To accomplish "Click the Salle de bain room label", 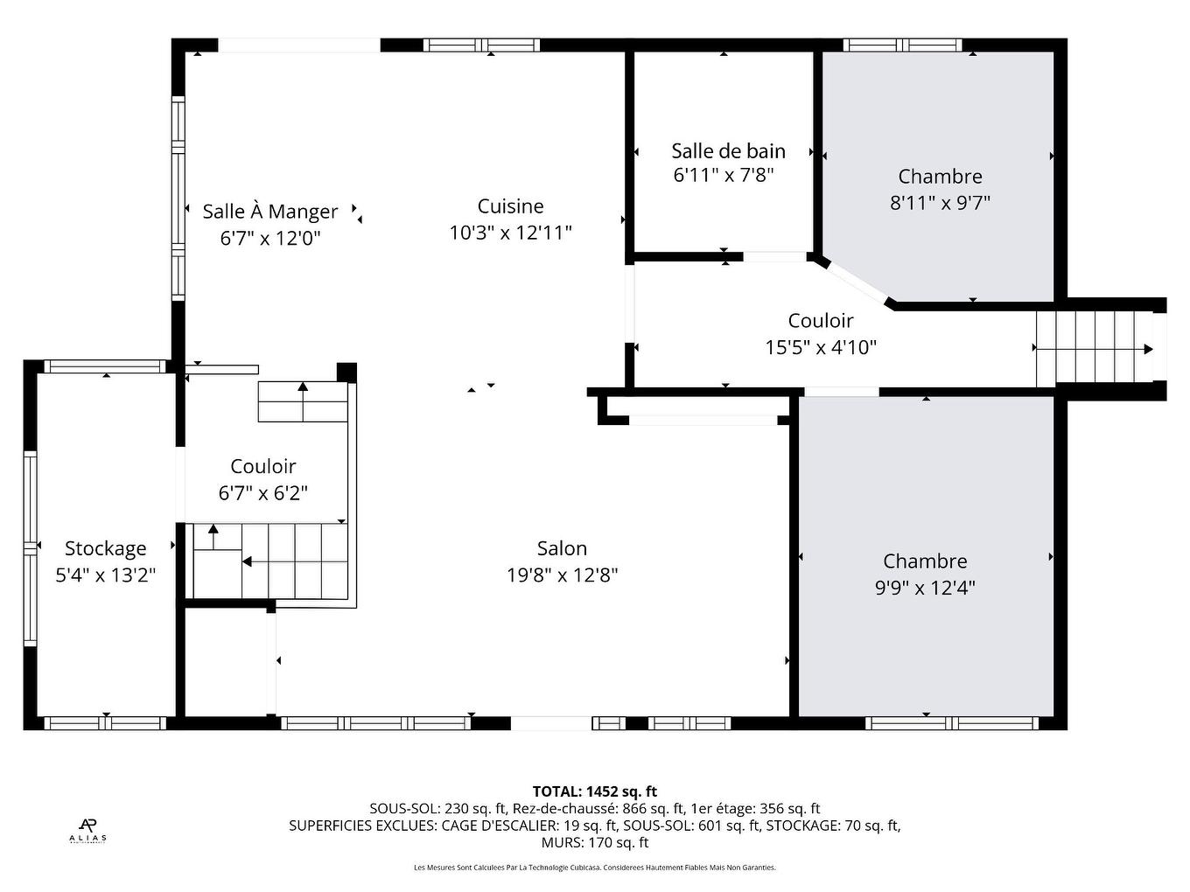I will point(728,150).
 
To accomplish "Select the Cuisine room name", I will point(510,206).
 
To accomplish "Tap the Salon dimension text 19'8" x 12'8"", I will point(562,575).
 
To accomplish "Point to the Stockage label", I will point(105,548).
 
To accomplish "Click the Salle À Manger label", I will point(269,212).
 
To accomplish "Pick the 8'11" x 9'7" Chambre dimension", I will point(940,203).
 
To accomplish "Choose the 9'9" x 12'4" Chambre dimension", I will point(925,588).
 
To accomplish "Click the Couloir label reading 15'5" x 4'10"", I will point(820,321).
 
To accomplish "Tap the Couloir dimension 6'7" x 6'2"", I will point(262,493).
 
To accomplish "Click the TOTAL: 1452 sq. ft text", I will point(594,791).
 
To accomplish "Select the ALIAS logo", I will point(87,829).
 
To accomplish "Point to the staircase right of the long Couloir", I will point(1094,348).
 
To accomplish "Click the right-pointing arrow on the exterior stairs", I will point(1147,349).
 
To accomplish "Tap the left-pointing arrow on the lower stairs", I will point(248,561).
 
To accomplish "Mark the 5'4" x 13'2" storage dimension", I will point(105,575).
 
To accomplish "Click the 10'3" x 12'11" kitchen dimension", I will point(510,233).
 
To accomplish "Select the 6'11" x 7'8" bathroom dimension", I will point(723,175).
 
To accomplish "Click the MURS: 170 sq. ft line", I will point(594,842).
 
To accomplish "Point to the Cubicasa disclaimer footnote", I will point(594,868).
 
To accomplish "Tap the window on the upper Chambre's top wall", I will point(902,45).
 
